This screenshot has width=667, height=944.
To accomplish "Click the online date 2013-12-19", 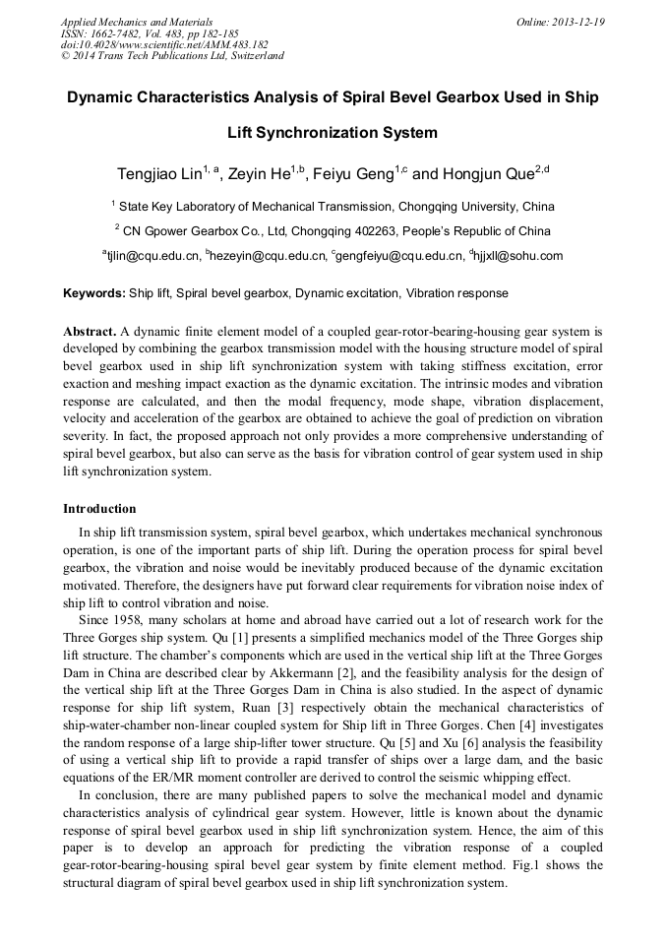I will coord(580,22).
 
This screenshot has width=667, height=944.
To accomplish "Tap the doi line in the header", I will coord(163,44).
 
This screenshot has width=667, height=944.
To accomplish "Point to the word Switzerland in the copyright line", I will coord(254,56).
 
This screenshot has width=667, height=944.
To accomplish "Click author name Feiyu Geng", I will coord(352,174).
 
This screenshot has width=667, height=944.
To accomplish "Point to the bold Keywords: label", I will coord(94,293).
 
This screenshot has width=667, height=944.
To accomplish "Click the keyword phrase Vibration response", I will coord(457,293).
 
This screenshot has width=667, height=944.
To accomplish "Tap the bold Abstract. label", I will coord(90,332).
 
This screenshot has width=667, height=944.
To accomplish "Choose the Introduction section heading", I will coord(99,509).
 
